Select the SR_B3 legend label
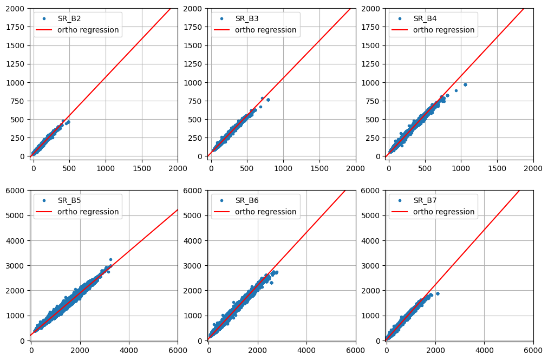246,18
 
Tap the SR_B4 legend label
425,18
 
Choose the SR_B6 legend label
246,200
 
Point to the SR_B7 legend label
425,200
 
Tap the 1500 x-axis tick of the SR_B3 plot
319,168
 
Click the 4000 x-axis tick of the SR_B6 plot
306,350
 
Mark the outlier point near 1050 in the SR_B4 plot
465,84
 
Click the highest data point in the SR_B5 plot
110,259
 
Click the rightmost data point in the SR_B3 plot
268,100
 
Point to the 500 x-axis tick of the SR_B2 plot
69,168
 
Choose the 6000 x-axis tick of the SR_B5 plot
178,350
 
